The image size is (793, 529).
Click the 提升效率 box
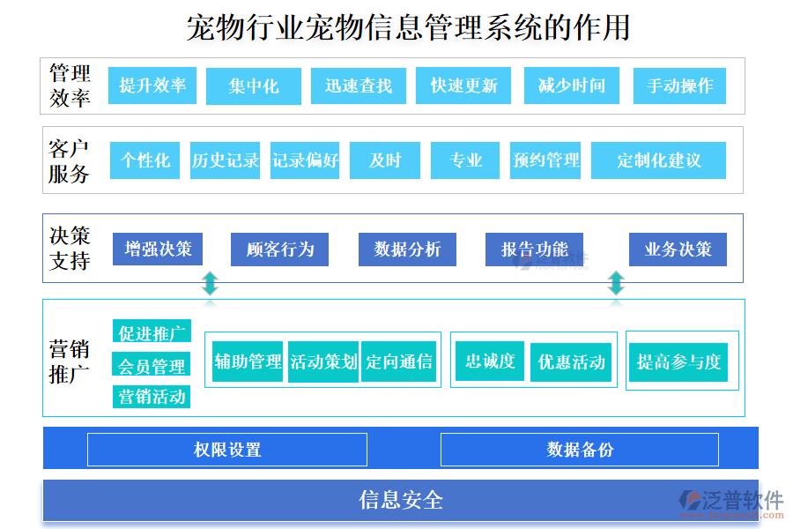coord(152,86)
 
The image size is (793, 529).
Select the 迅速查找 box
coord(358,86)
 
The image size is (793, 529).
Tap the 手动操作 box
coord(679,86)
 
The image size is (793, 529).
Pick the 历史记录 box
coord(226,160)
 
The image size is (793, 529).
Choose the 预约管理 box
coord(546,160)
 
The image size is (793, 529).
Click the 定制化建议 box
coord(658,160)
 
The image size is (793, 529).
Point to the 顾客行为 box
coord(280,250)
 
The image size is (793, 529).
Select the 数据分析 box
coord(407,250)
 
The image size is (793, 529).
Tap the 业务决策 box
coord(678,250)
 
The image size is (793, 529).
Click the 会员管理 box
coord(152,365)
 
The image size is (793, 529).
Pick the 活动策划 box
coord(323,361)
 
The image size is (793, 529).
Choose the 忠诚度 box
coord(490,361)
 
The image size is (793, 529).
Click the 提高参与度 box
coord(678,361)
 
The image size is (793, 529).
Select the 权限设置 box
coord(227,450)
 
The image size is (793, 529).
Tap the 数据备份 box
coord(579,450)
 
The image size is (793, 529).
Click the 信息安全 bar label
coord(401,501)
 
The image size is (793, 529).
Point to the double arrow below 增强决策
coord(210,283)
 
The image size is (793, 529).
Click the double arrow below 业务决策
coord(616,283)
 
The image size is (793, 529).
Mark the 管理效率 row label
coord(70,86)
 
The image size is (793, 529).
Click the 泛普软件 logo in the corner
coord(730,502)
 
